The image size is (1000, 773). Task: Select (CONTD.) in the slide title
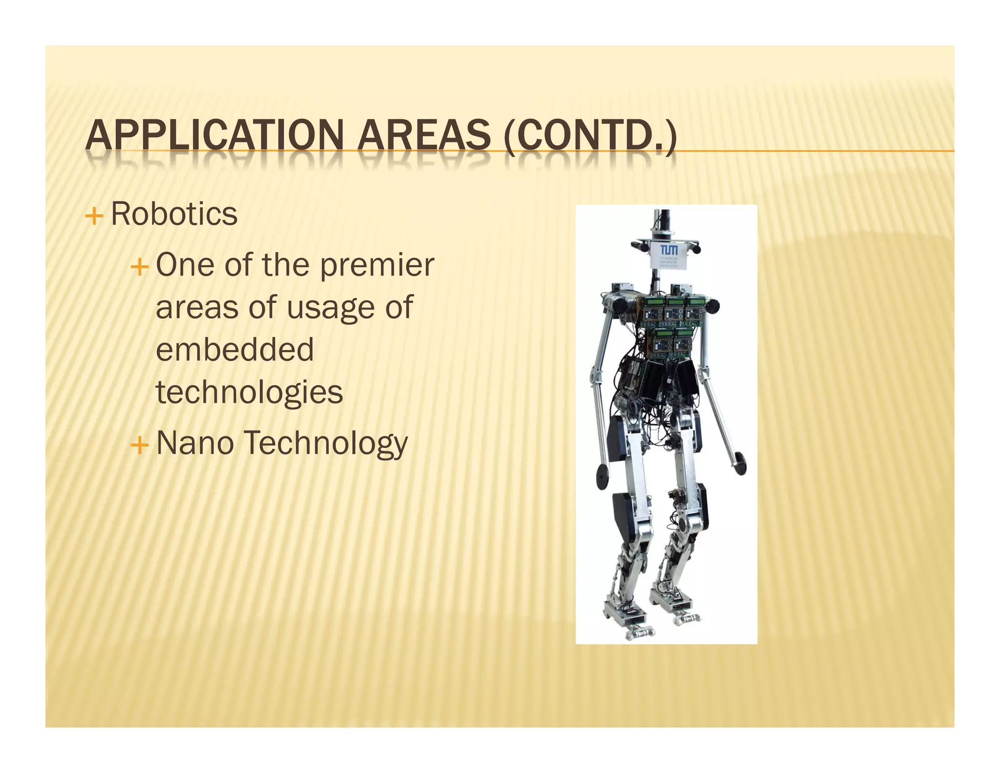(x=590, y=136)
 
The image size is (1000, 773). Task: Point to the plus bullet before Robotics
(x=94, y=215)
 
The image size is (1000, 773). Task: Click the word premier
(x=376, y=265)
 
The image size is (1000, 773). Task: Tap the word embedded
(x=234, y=350)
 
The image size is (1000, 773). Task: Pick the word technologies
(x=249, y=392)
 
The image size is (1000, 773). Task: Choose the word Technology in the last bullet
(x=325, y=444)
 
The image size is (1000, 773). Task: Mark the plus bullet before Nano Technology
(x=139, y=445)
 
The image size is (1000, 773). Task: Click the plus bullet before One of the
(x=139, y=267)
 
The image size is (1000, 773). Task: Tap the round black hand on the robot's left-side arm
(x=604, y=473)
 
